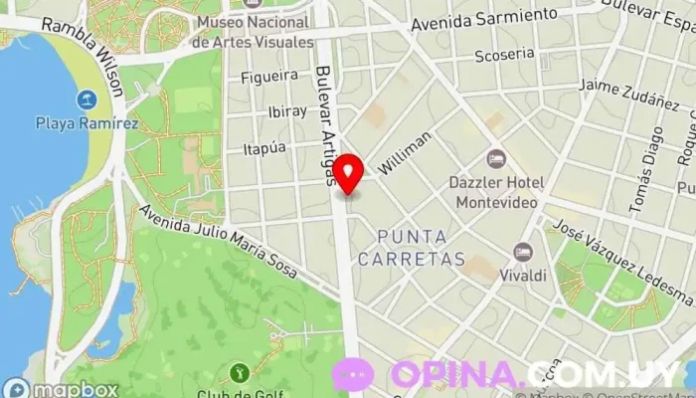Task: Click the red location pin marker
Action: pyautogui.click(x=348, y=173)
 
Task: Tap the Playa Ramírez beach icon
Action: pyautogui.click(x=87, y=99)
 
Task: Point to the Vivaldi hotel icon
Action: pyautogui.click(x=523, y=253)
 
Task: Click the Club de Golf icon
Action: pyautogui.click(x=239, y=374)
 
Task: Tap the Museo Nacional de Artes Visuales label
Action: pyautogui.click(x=253, y=32)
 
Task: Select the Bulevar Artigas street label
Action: pyautogui.click(x=326, y=124)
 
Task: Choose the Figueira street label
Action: pyautogui.click(x=269, y=76)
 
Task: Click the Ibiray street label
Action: pyautogui.click(x=288, y=110)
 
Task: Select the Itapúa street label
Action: pyautogui.click(x=264, y=147)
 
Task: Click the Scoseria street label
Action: pyautogui.click(x=504, y=55)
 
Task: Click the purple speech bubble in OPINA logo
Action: pyautogui.click(x=352, y=374)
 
